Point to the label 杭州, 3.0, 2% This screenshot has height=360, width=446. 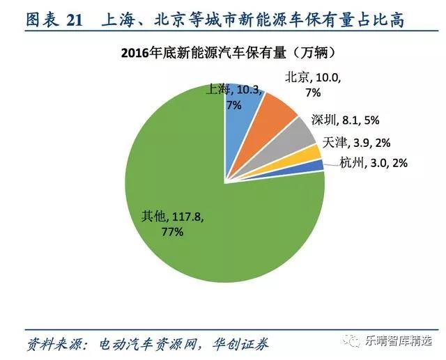(373, 163)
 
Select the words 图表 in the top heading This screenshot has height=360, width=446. (41, 20)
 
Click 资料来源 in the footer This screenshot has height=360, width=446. (55, 343)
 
